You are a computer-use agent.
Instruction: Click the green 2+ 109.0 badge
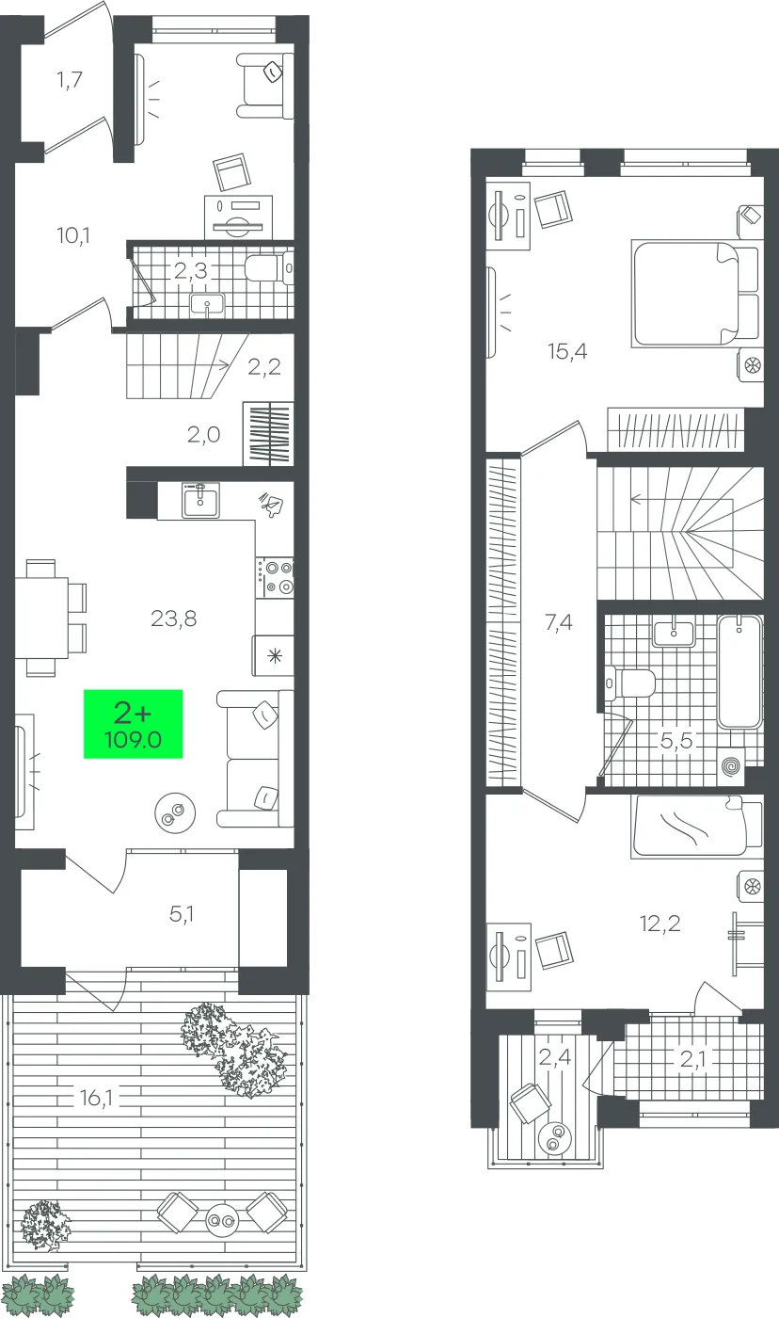(x=133, y=724)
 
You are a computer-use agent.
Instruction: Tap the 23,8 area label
(x=173, y=619)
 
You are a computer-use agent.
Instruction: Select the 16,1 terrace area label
(x=96, y=1098)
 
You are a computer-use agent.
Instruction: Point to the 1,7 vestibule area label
(x=70, y=79)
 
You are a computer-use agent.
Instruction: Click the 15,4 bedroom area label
(x=567, y=351)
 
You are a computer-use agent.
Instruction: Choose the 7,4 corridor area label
(x=559, y=621)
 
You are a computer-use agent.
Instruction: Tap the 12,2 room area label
(x=660, y=924)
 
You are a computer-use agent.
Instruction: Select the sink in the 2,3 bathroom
(x=207, y=305)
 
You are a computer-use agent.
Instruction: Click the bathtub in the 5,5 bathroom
(x=739, y=671)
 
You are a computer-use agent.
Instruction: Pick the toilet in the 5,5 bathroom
(x=629, y=683)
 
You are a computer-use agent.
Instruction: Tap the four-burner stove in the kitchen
(x=275, y=577)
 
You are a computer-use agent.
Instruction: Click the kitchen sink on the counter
(x=200, y=500)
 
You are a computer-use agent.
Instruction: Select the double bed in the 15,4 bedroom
(x=694, y=293)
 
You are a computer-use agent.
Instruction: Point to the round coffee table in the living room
(x=175, y=812)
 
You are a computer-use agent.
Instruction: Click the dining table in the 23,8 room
(x=41, y=618)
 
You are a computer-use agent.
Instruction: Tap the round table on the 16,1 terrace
(x=222, y=1221)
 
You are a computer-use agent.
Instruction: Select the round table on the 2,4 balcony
(x=555, y=1137)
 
